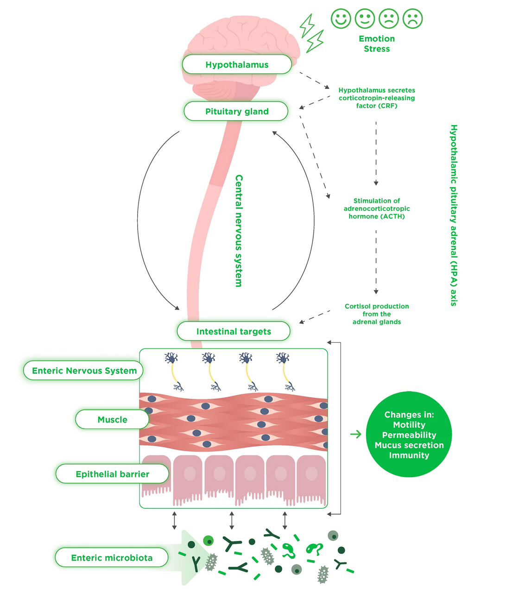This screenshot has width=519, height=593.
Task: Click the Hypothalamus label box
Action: click(x=237, y=64)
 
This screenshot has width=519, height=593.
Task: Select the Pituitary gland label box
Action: click(x=236, y=111)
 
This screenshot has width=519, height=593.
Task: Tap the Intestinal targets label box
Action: click(x=234, y=331)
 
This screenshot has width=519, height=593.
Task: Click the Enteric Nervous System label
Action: click(x=84, y=371)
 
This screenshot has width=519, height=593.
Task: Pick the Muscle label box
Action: click(x=112, y=419)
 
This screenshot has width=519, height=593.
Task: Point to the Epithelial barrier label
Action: click(x=112, y=474)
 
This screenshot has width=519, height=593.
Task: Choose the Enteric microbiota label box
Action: click(x=112, y=558)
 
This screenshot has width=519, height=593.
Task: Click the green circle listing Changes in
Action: click(x=409, y=435)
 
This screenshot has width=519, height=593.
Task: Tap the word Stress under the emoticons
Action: click(x=377, y=49)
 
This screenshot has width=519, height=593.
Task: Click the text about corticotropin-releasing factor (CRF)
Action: click(x=377, y=98)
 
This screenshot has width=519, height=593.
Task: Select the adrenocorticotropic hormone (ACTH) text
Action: click(x=377, y=208)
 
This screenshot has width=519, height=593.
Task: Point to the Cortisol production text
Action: click(x=377, y=314)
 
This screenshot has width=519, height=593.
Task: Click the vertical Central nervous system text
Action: click(x=239, y=231)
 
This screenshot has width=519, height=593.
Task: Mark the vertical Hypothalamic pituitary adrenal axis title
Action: click(x=454, y=215)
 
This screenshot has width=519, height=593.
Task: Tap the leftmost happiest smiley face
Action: click(x=341, y=19)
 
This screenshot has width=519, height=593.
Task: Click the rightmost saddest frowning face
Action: click(x=412, y=19)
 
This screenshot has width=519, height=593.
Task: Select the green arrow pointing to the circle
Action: click(x=355, y=434)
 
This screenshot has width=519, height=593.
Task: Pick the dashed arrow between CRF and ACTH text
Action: click(x=376, y=153)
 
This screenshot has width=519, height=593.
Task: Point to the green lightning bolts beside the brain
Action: click(x=311, y=32)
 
